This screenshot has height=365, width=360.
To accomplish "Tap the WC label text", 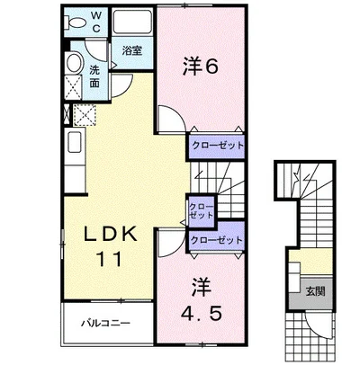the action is click(96, 22).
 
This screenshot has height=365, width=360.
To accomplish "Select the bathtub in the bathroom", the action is click(132, 21).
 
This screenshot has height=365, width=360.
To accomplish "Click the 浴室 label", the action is click(132, 50).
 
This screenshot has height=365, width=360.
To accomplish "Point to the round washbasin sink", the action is click(74, 63).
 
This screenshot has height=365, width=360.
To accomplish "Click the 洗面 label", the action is click(94, 76).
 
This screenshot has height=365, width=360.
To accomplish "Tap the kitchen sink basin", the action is click(75, 141).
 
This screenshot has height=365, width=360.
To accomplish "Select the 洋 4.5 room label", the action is click(201, 299).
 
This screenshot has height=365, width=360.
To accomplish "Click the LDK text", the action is click(111, 234).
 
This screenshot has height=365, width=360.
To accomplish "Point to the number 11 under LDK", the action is click(109, 259).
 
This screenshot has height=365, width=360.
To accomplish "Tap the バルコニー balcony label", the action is click(106, 324).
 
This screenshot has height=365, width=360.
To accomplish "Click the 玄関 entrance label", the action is click(316, 291).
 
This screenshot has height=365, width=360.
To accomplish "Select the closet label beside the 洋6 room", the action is click(218, 146).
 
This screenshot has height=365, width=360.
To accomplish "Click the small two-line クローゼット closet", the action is click(202, 211).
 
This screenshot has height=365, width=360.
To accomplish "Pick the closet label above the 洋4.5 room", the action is click(217, 240).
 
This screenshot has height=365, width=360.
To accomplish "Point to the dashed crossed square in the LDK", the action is click(85, 114).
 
